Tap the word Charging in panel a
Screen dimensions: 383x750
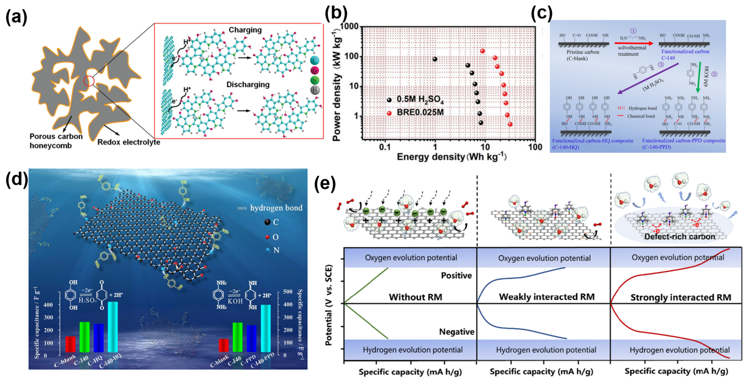coord(245,30)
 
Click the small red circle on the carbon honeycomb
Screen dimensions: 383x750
coord(89,81)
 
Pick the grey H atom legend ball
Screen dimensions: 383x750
coord(315,90)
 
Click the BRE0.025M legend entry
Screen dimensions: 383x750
coord(420,112)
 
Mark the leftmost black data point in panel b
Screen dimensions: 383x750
coord(435,59)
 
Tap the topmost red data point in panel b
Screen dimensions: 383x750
coord(482,51)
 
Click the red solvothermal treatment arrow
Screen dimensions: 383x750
coord(633,43)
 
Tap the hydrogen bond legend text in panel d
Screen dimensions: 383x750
coord(276,208)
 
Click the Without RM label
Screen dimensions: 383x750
coord(416,297)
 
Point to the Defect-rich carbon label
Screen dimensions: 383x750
coord(680,237)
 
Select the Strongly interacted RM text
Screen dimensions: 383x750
coord(681,297)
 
